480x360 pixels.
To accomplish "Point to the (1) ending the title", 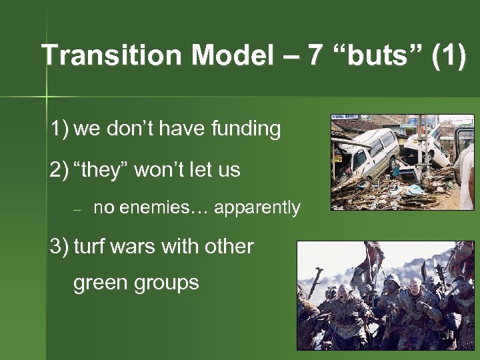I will tap(449, 56).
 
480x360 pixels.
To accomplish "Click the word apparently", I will tap(257, 208).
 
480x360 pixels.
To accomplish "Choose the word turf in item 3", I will tap(90, 247).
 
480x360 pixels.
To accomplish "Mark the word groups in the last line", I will tap(168, 283).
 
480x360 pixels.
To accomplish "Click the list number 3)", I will tap(59, 247).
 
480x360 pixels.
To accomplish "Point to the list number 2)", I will tap(59, 170).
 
